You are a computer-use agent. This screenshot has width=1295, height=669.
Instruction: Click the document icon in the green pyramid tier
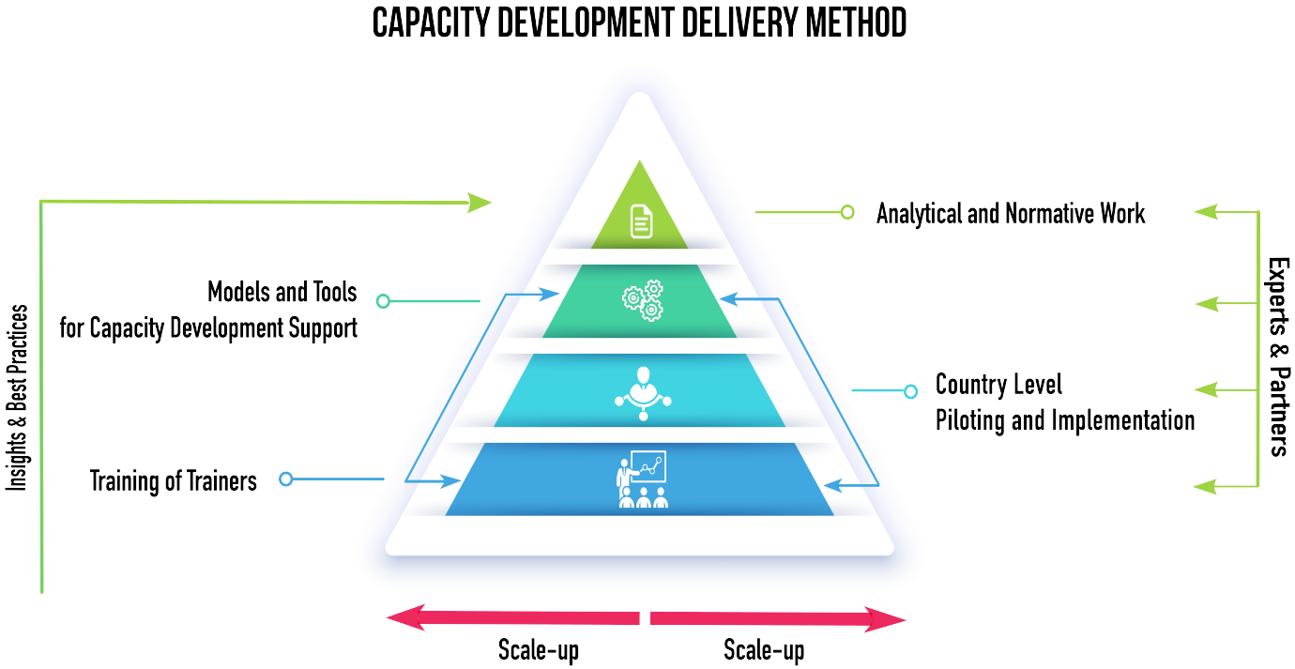[641, 220]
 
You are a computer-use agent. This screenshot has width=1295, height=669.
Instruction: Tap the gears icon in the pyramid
[643, 301]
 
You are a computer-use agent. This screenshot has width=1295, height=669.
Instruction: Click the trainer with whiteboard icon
[643, 479]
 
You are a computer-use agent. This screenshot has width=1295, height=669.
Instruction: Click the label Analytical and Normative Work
[1011, 213]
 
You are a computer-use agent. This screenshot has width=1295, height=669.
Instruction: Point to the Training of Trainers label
[174, 480]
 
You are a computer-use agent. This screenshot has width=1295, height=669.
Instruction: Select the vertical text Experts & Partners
[1277, 357]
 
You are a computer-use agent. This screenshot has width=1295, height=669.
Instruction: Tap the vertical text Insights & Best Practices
[18, 398]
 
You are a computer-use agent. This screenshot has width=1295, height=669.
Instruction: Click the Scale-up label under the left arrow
[539, 649]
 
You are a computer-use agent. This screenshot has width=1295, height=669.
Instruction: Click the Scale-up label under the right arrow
[764, 649]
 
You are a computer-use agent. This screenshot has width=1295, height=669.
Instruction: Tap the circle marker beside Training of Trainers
[286, 479]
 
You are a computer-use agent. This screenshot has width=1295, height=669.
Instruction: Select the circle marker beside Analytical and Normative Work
[847, 212]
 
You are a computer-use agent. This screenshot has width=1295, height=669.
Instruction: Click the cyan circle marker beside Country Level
[910, 391]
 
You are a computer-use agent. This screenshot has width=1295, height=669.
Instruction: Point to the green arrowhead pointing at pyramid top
[480, 202]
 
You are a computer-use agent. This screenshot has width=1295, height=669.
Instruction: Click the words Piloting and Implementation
[1065, 419]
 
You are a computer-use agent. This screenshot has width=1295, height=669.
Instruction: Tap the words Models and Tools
[282, 292]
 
